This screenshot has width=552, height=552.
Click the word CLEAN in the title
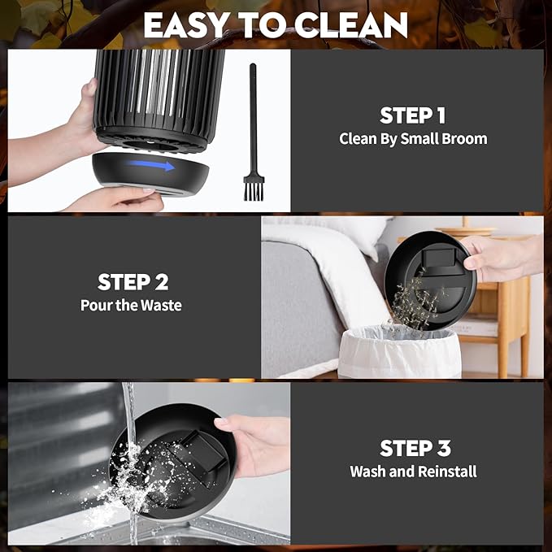point(351,25)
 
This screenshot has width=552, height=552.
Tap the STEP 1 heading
point(413,115)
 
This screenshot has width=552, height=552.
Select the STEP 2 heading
point(133,282)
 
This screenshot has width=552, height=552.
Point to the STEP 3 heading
point(415,448)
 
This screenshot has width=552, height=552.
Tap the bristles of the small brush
point(254,191)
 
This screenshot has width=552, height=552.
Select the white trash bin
point(399,352)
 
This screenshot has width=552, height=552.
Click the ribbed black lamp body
point(159,100)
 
